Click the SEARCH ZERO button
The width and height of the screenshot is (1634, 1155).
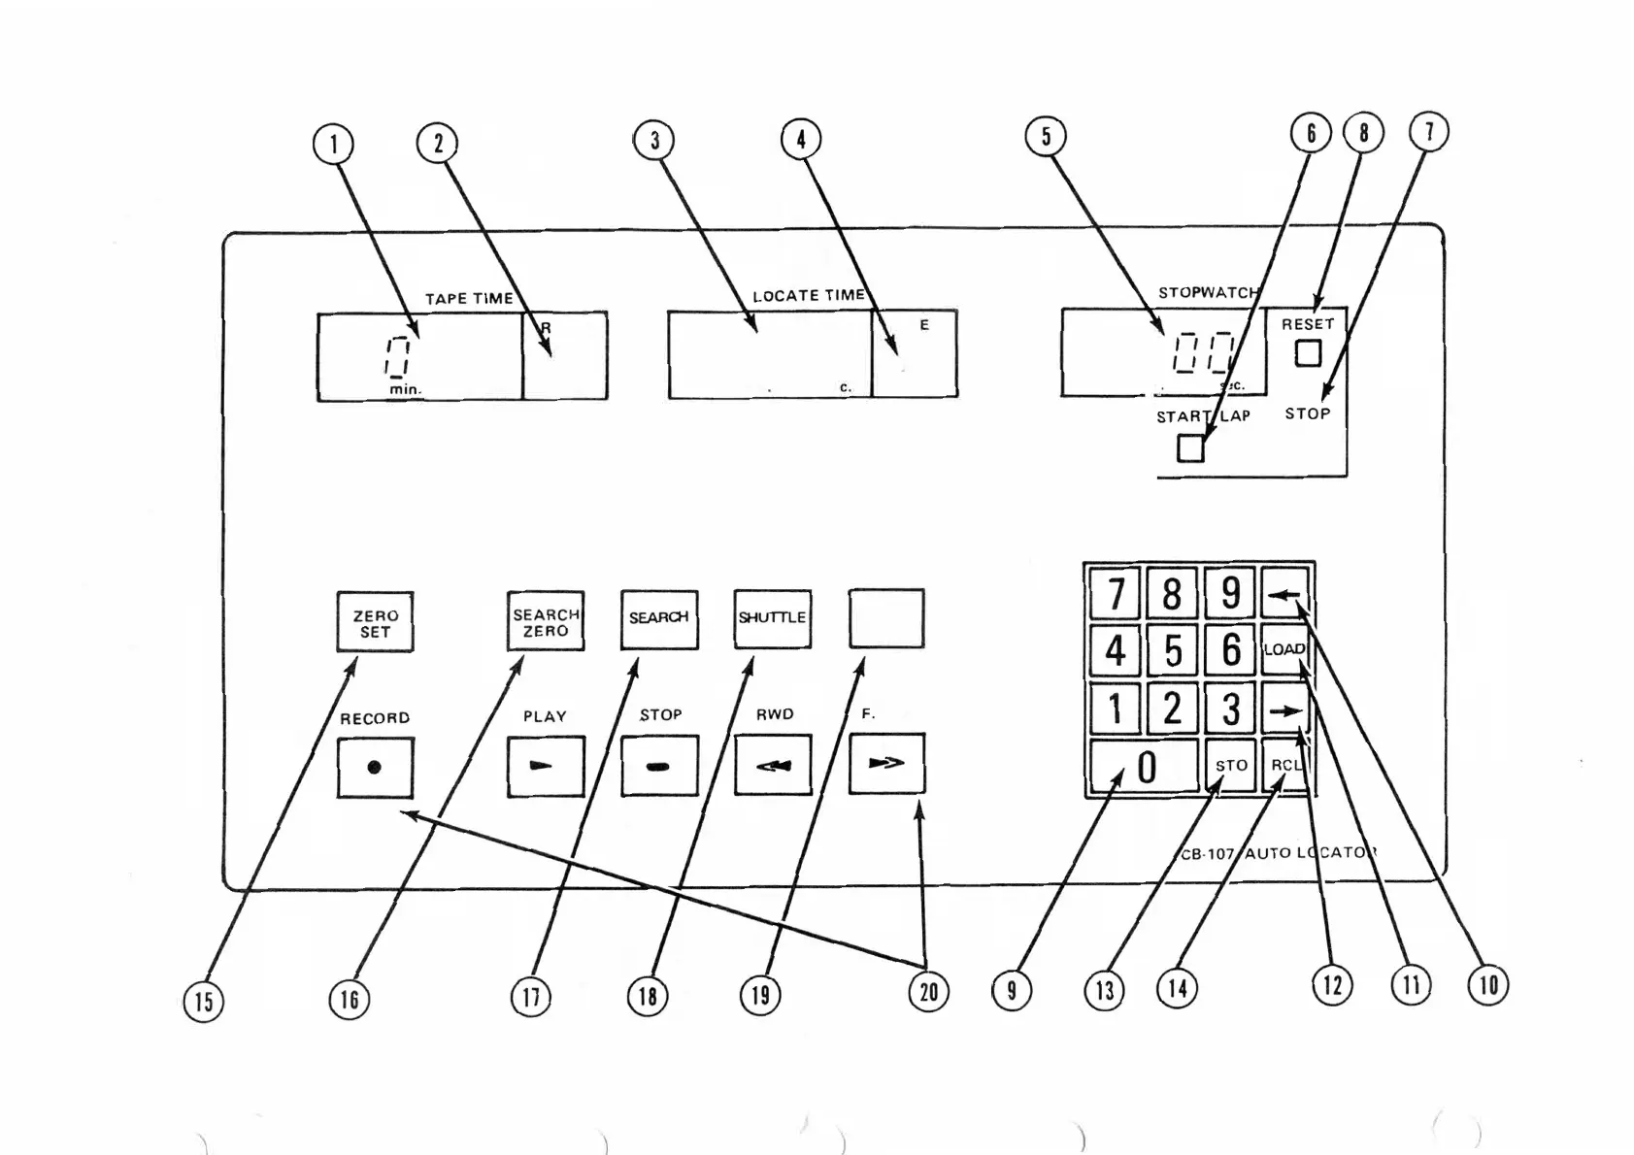point(546,621)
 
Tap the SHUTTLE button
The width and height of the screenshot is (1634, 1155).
point(772,618)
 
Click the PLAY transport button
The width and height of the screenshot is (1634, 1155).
point(546,766)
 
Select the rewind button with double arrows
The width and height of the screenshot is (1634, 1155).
point(772,766)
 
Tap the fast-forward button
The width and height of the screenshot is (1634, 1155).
point(886,764)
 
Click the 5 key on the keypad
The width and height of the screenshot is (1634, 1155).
point(1173,650)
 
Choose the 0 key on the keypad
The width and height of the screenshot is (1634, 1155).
point(1145,767)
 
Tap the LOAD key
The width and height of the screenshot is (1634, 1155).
point(1284,649)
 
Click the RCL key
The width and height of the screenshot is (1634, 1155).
point(1285,766)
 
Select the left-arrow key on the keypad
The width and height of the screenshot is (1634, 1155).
point(1284,593)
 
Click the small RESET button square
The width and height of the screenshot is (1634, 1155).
point(1308,353)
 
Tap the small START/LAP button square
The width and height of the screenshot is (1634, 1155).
point(1190,448)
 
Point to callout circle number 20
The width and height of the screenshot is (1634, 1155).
point(929,991)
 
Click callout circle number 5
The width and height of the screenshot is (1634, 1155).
point(1046,136)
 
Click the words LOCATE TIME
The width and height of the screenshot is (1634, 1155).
point(809,295)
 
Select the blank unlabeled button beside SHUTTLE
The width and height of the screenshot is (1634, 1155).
point(886,618)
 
